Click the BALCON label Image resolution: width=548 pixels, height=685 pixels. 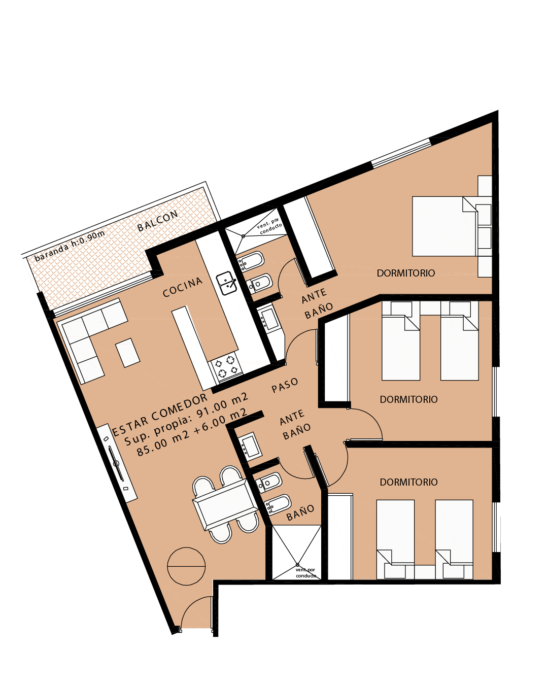157,220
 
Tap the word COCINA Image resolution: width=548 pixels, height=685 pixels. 183,287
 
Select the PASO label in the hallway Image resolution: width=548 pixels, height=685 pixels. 285,385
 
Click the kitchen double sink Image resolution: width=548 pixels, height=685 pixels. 226,283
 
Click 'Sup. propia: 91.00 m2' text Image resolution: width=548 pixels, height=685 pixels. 186,420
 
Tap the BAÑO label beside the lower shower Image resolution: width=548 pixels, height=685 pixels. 300,513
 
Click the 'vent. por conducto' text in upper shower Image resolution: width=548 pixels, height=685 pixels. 269,226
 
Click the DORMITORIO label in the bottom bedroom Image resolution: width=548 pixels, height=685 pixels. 408,482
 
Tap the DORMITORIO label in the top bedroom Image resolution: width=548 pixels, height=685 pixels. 405,273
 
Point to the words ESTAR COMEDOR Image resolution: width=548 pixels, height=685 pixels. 160,415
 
